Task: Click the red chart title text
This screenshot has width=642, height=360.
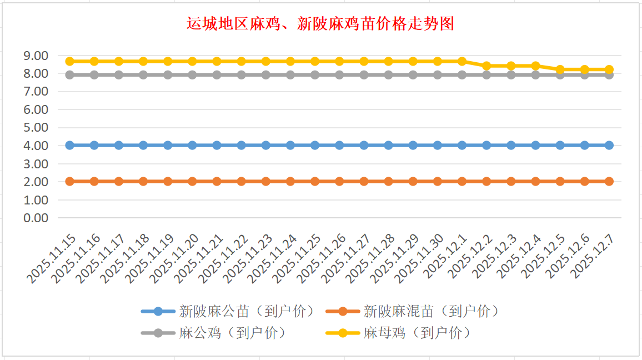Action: coord(320,24)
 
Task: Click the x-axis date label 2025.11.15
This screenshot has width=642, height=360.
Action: coord(53,259)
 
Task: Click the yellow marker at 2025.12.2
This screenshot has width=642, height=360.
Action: coord(486,66)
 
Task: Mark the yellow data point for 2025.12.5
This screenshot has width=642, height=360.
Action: coord(560,69)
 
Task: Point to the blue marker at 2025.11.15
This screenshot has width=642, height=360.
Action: coord(70,145)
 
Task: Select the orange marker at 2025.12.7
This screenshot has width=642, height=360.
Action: coord(609,181)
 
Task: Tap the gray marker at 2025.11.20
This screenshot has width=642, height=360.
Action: coord(192,74)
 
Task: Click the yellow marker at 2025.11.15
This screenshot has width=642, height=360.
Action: coord(70,61)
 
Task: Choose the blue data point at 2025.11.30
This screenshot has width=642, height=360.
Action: coord(437,145)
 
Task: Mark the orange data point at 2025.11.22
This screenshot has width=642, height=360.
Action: coord(241,181)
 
